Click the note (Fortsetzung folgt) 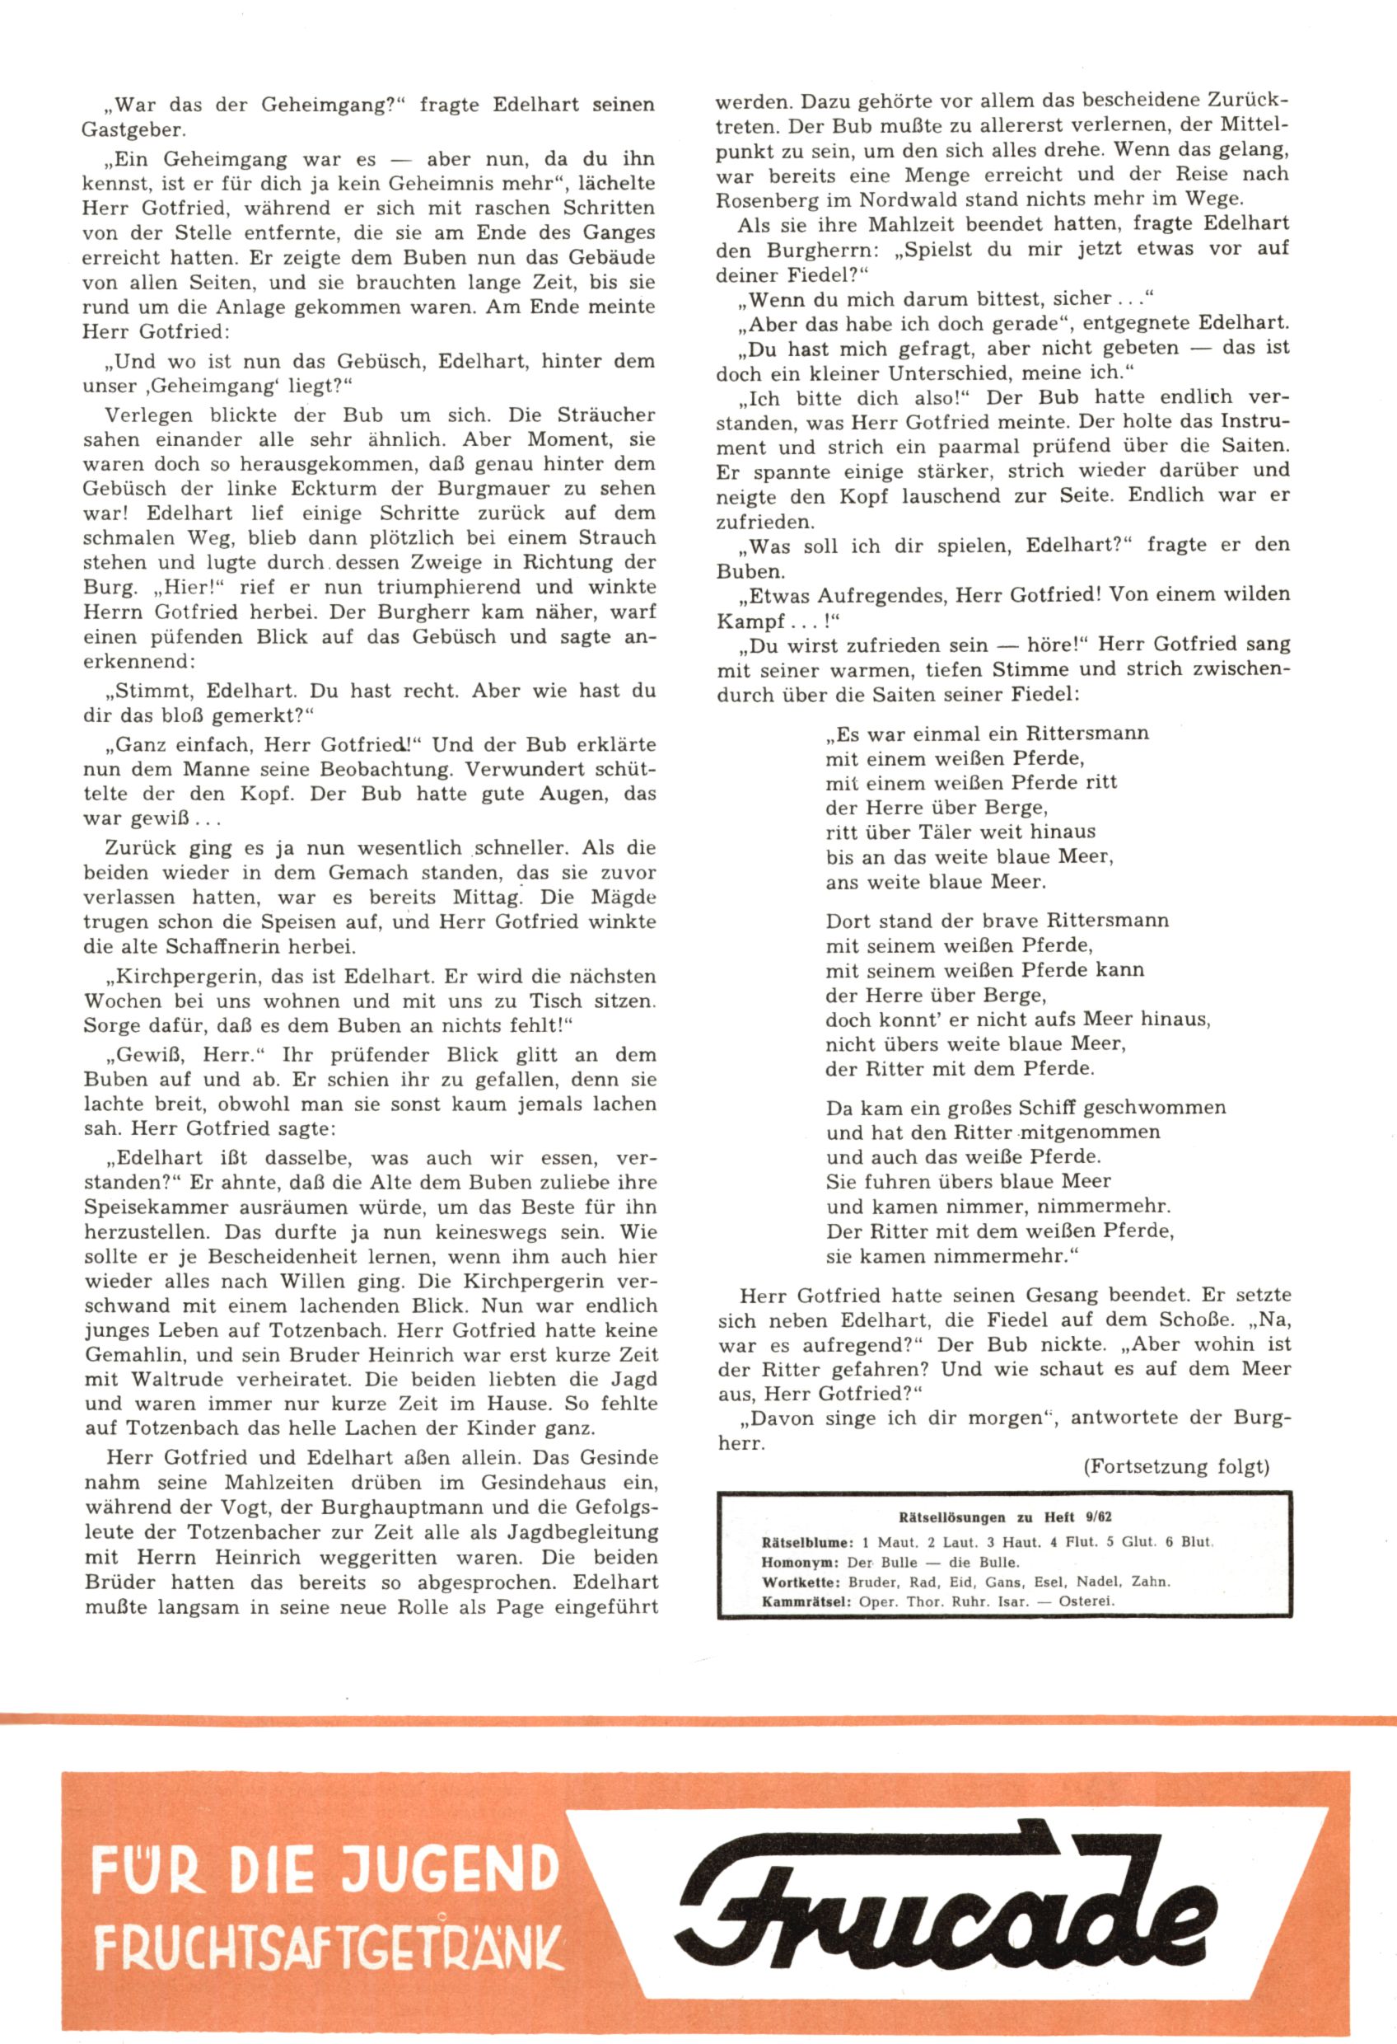1176,1466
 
